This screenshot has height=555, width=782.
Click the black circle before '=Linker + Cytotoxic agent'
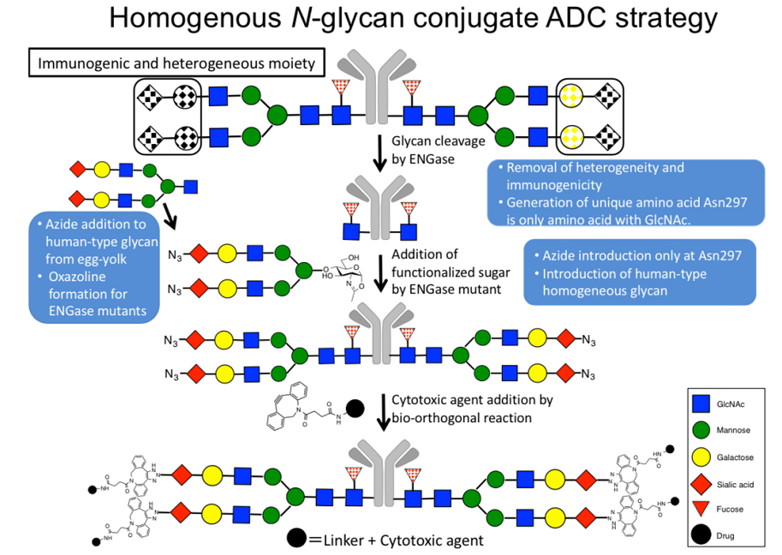(297, 539)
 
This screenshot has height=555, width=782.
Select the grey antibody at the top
(378, 86)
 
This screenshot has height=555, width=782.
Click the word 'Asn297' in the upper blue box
(695, 203)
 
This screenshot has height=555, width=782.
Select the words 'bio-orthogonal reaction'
(464, 417)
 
